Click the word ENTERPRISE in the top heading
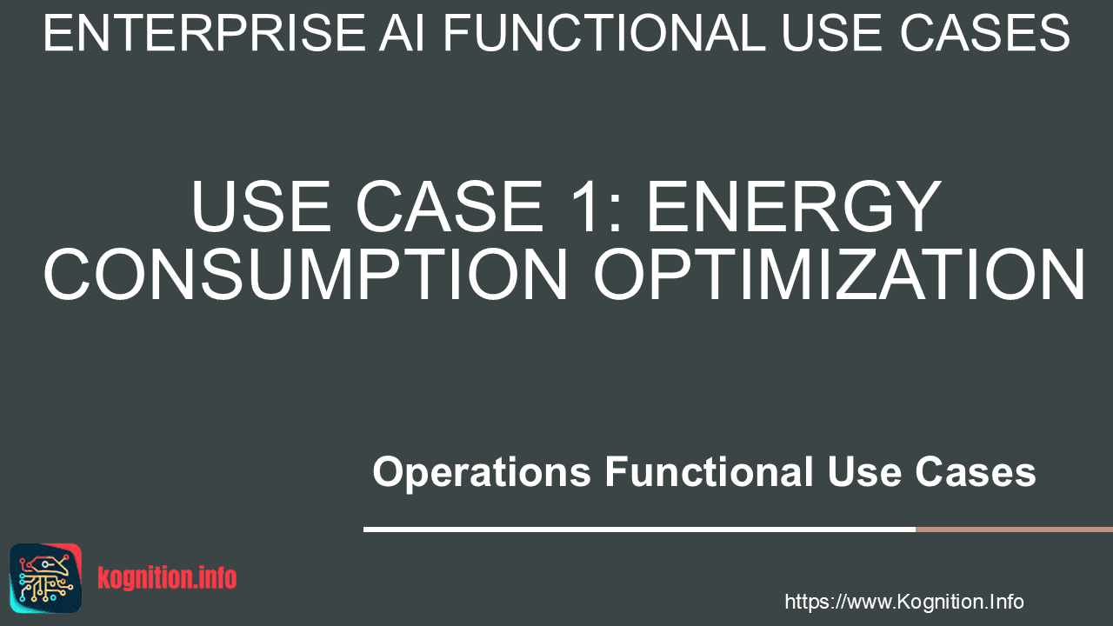pos(204,33)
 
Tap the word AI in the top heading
pos(402,33)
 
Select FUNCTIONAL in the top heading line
pos(603,33)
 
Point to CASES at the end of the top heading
pos(984,33)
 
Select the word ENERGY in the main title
pos(793,206)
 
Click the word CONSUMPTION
pos(305,274)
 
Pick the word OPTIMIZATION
pos(839,274)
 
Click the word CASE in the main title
pos(450,206)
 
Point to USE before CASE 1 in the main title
pos(261,206)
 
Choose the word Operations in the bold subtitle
pos(482,472)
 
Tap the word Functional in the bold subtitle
pos(709,471)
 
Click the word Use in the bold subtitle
pos(864,471)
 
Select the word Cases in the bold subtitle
pos(976,471)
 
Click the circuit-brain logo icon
pos(46,578)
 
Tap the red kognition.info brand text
pos(167,578)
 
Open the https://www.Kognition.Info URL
pos(903,603)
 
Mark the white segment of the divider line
pos(639,529)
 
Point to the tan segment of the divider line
pos(1014,529)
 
